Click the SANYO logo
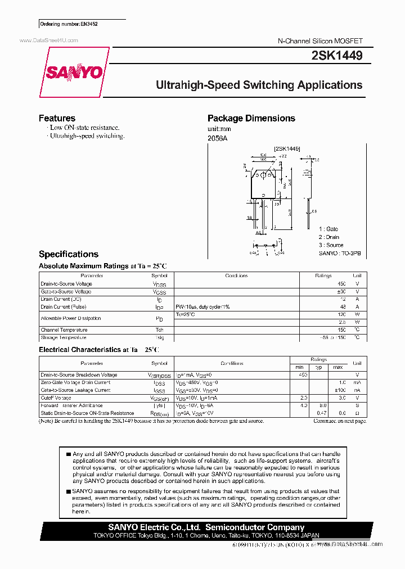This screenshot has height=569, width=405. pos(74,73)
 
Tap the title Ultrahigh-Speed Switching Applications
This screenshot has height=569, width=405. pos(259,85)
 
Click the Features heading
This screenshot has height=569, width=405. pos(57,118)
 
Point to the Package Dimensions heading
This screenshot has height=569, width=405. pos(251,118)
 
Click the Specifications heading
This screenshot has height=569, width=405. pos(68,254)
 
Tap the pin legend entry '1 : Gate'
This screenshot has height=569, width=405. pos(328,229)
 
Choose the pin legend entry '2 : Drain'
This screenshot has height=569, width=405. pos(329,237)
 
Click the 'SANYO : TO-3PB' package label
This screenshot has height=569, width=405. pos(340,254)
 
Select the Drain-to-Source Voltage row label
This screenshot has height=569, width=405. pos(66,284)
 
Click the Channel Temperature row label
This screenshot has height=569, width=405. pos(64,330)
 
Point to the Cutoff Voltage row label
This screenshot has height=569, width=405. pos(56,398)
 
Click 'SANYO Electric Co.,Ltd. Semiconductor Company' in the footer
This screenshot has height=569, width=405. pos(206,527)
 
